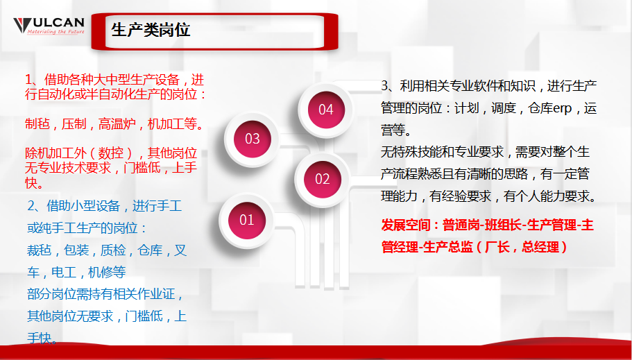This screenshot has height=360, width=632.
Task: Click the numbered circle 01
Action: [x=247, y=221]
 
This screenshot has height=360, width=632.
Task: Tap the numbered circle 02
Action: [x=323, y=179]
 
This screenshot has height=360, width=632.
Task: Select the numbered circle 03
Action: [x=253, y=139]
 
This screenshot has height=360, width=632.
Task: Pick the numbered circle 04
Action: [x=325, y=109]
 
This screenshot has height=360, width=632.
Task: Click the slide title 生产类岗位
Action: [x=151, y=30]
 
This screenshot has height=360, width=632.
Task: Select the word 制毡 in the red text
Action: [x=37, y=125]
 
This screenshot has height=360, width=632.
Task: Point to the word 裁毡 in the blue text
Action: [x=40, y=250]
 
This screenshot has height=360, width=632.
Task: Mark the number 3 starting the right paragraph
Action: [x=385, y=86]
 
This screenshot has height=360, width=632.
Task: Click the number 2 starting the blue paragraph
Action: [x=31, y=206]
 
